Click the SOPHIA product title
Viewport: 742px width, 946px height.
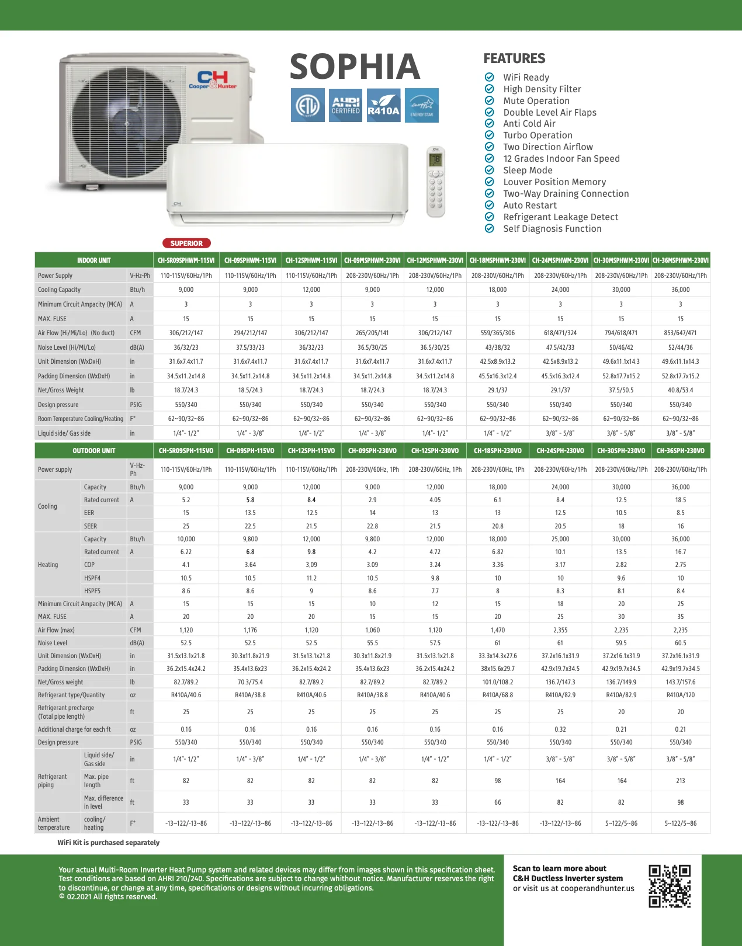[355, 67]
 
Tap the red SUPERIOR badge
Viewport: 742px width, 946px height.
[186, 244]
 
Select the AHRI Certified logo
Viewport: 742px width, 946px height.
[345, 105]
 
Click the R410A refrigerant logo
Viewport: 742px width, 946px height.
[383, 105]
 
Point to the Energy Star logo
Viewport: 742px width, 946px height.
[421, 105]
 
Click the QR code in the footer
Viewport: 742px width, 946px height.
[670, 886]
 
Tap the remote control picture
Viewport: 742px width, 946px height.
[436, 182]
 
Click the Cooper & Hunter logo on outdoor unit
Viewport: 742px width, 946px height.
[213, 80]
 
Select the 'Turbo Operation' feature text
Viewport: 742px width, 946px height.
[538, 135]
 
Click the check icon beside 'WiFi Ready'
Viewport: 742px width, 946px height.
[490, 77]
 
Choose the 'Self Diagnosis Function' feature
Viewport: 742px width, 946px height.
[552, 229]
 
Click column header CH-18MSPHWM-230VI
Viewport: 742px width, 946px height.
[498, 260]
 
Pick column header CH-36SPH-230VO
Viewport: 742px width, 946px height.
[680, 451]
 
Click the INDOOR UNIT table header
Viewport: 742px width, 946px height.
[93, 260]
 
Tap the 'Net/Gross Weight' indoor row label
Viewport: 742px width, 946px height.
[61, 390]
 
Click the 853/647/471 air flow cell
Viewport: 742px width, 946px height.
[680, 333]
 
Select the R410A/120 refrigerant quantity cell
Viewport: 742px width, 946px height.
[680, 695]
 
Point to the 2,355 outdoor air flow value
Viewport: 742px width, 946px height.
[560, 630]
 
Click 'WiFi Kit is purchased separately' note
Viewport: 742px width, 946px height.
[108, 843]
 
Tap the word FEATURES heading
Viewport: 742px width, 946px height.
[514, 58]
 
